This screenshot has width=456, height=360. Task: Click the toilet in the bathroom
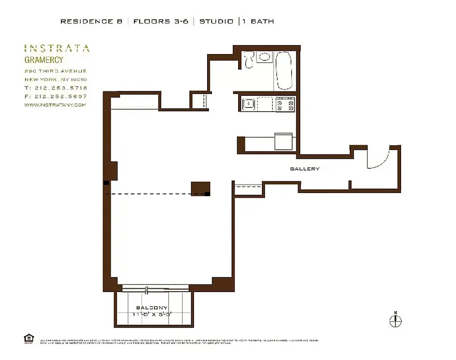[x=248, y=60]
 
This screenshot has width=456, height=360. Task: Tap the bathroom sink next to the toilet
[x=264, y=57]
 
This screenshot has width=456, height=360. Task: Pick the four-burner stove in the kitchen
[x=285, y=105]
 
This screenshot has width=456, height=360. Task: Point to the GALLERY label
[x=305, y=169]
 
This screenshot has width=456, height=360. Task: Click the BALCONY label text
[x=152, y=308]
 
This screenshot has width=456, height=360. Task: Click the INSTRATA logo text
[x=57, y=49]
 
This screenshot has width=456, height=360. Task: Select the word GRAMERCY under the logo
[x=44, y=60]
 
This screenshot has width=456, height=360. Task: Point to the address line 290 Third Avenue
[x=55, y=71]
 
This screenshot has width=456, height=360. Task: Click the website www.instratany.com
[x=55, y=105]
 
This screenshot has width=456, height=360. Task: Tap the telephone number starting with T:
[x=56, y=88]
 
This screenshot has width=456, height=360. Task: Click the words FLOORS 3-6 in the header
[x=161, y=21]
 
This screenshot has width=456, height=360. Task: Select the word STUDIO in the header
[x=217, y=21]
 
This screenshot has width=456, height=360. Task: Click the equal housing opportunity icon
[x=28, y=338]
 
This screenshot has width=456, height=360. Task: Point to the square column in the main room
[x=200, y=188]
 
